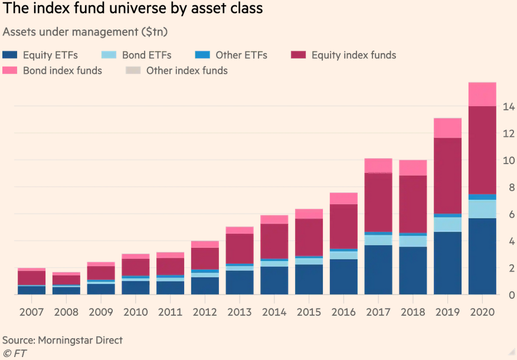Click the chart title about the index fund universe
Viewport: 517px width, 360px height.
pyautogui.click(x=133, y=9)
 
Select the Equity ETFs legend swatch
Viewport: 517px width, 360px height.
pyautogui.click(x=10, y=55)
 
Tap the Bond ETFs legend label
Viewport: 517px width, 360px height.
pyautogui.click(x=146, y=55)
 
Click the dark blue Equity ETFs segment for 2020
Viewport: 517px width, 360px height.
pyautogui.click(x=482, y=257)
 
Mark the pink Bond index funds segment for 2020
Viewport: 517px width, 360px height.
pyautogui.click(x=482, y=94)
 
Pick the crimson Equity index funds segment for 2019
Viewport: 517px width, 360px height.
pyautogui.click(x=447, y=176)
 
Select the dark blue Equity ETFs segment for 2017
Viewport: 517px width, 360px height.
pyautogui.click(x=378, y=270)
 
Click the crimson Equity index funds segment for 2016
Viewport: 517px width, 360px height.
pyautogui.click(x=343, y=227)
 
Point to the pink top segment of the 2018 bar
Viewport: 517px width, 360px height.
pyautogui.click(x=413, y=168)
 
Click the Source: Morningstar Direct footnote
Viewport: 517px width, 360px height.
pyautogui.click(x=63, y=341)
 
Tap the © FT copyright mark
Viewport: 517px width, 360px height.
pyautogui.click(x=15, y=353)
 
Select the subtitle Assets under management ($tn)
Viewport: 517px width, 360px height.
pyautogui.click(x=85, y=31)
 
